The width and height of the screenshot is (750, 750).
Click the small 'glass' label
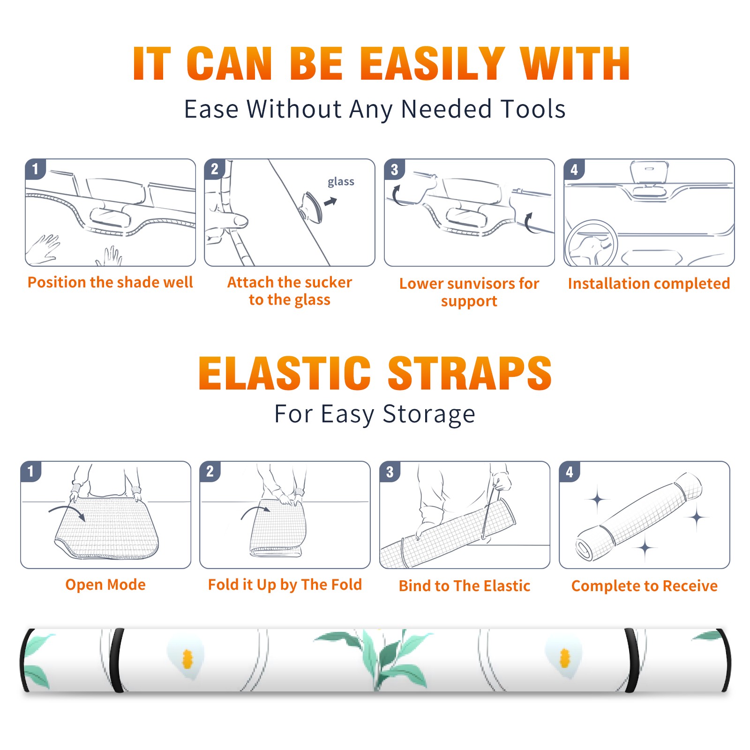tap(341, 182)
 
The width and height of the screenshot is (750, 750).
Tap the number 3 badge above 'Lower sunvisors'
tap(394, 170)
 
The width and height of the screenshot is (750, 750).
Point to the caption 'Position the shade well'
tap(110, 282)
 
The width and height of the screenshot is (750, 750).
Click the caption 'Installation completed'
tap(649, 284)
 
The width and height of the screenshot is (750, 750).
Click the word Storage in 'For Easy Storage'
tap(429, 414)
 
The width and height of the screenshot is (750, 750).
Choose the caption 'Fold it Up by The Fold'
tap(285, 585)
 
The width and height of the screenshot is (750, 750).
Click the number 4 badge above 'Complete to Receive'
tap(570, 472)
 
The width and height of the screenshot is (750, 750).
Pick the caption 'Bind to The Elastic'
tap(465, 586)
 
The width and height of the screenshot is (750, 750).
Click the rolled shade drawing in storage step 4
tap(639, 517)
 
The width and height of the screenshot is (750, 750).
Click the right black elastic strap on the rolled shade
tap(632, 660)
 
